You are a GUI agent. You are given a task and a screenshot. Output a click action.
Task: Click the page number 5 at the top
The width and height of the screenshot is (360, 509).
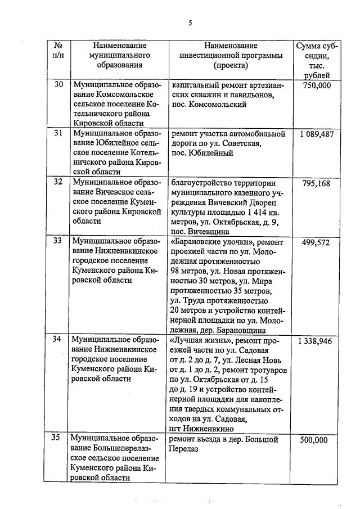[190, 23]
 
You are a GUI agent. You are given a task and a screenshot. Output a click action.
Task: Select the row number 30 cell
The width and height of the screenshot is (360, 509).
[58, 85]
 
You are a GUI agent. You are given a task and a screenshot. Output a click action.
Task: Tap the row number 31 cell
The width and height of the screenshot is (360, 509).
[58, 134]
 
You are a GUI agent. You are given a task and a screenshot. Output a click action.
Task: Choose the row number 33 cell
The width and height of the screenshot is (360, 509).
[58, 241]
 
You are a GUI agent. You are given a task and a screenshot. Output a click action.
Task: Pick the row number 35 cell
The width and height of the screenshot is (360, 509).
[58, 438]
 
